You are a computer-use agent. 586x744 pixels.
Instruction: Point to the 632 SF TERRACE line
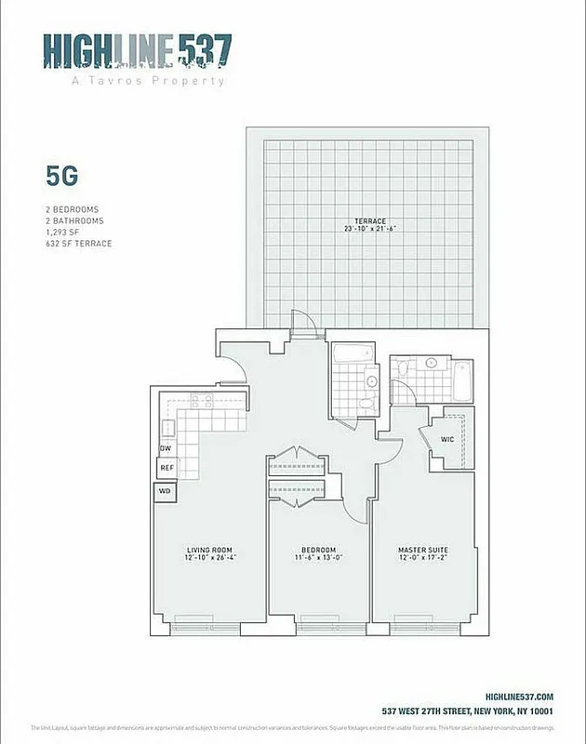pos(79,244)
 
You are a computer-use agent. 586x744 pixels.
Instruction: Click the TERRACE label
pos(370,220)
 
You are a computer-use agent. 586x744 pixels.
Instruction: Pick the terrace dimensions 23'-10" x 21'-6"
pos(370,229)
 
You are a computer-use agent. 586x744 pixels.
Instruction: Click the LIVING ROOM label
pos(211,550)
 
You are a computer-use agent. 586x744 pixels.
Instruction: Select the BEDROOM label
pos(318,550)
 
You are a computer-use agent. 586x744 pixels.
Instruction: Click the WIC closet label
pos(446,439)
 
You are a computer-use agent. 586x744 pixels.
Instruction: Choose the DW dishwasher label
pos(166,448)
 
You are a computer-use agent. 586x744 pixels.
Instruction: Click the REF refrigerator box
pos(166,468)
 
